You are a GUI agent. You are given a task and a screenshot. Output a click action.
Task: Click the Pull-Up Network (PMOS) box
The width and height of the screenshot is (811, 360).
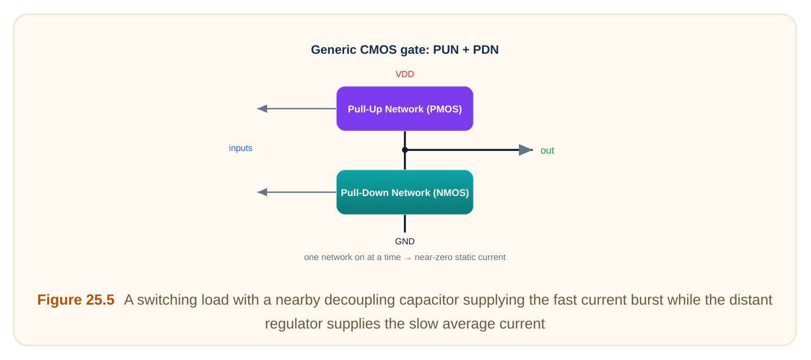click(405, 109)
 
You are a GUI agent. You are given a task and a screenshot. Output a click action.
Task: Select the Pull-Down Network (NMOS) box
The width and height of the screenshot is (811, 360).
click(405, 192)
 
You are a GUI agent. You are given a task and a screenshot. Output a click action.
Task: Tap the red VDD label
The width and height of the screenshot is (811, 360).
click(405, 74)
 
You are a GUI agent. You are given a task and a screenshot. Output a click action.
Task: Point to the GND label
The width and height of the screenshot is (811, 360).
click(405, 241)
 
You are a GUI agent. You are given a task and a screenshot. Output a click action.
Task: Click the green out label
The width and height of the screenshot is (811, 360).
click(547, 150)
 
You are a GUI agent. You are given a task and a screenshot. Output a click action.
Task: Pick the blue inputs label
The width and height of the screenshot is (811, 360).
click(240, 148)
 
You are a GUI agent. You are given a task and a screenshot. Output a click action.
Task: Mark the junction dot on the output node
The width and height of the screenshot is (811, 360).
click(405, 150)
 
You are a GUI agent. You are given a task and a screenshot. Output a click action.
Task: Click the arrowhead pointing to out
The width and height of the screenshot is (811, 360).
click(525, 150)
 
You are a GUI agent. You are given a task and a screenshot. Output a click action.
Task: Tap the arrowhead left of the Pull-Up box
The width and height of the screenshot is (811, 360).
click(262, 109)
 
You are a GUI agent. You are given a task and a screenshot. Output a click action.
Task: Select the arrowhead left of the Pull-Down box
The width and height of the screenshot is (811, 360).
click(262, 192)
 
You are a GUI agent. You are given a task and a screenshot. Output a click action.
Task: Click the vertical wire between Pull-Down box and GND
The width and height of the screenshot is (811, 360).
click(405, 224)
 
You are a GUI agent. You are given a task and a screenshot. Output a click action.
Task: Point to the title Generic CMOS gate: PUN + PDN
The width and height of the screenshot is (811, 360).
click(405, 49)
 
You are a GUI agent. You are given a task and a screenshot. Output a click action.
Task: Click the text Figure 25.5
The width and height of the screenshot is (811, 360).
click(75, 300)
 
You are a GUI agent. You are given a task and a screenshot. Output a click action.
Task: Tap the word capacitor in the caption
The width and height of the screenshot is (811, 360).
click(431, 300)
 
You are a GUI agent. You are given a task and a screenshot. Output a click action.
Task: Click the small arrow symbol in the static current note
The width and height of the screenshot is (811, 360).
click(408, 258)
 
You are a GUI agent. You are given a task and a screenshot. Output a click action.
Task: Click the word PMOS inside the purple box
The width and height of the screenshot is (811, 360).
click(444, 109)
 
